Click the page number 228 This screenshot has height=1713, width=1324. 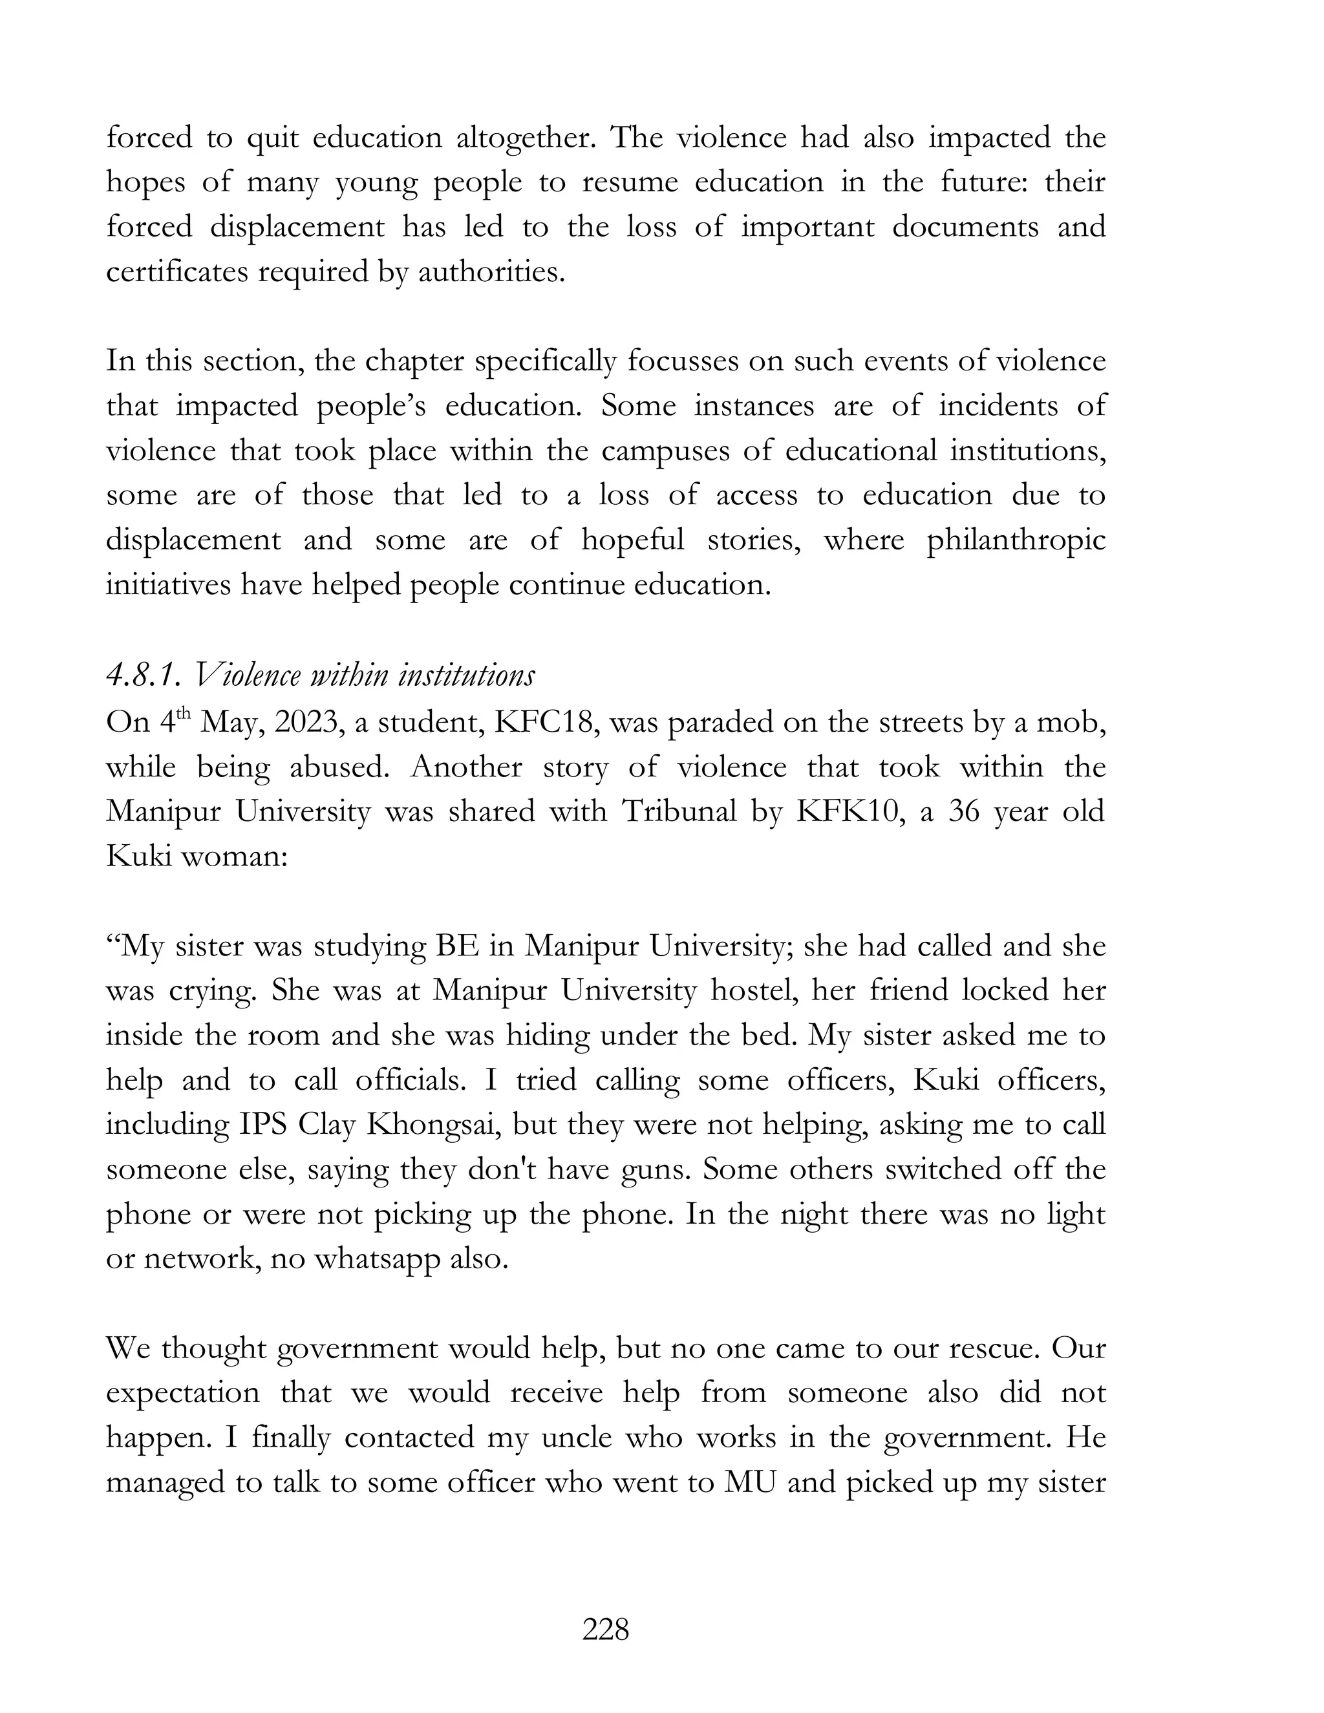tap(606, 1630)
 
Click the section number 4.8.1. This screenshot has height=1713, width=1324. tap(144, 676)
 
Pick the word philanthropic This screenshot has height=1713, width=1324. tap(1016, 540)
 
